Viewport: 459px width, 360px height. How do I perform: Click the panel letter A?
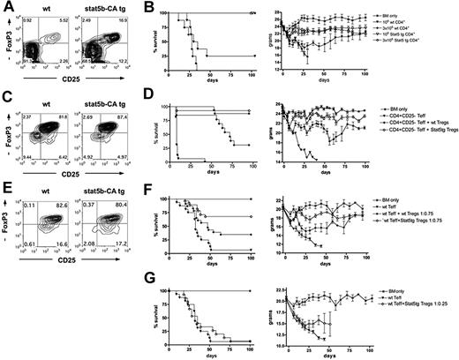7,7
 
